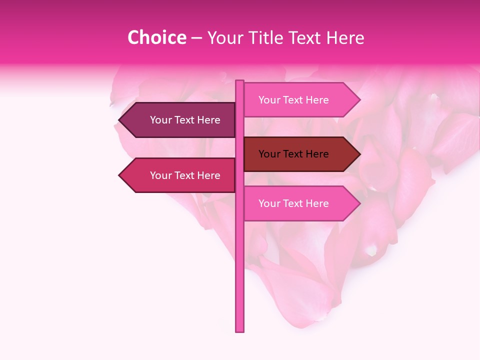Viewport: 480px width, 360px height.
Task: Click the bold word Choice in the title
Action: [x=156, y=37]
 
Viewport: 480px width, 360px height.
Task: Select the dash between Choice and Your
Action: [x=196, y=38]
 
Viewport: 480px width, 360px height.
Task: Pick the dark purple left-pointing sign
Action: [x=180, y=120]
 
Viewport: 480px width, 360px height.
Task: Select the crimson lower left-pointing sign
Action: [x=180, y=175]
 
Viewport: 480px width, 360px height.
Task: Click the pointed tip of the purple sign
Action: [x=120, y=120]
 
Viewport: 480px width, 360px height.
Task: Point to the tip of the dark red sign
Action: [x=359, y=154]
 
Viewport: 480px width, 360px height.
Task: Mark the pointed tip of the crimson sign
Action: [x=120, y=175]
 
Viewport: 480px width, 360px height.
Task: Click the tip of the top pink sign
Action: [x=359, y=100]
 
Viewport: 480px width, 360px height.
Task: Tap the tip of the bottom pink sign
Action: [x=359, y=203]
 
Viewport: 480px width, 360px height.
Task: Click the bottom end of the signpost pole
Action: [x=239, y=330]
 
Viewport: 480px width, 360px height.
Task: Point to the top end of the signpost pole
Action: [x=239, y=81]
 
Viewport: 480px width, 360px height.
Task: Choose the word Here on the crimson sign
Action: [x=208, y=175]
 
